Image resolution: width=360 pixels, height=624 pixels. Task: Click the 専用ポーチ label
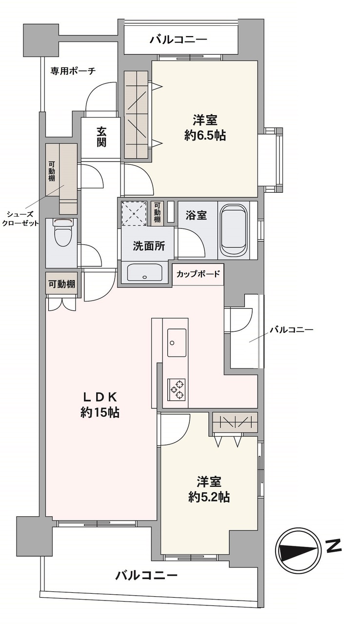[x=73, y=71]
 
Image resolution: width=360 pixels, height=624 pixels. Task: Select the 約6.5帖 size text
[x=205, y=135]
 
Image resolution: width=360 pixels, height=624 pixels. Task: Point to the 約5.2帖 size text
[x=209, y=497]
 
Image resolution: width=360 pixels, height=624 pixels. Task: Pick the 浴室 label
[x=197, y=215]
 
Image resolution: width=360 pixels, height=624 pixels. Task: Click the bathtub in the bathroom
[x=235, y=229]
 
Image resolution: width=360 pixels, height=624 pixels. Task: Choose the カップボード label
[x=198, y=274]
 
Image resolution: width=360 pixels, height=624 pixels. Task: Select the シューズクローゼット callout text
[x=20, y=219]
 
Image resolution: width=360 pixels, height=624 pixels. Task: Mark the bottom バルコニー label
[x=146, y=575]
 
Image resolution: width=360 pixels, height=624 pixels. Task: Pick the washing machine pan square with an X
[x=134, y=213]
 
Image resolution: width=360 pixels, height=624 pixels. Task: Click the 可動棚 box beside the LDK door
[x=61, y=283]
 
